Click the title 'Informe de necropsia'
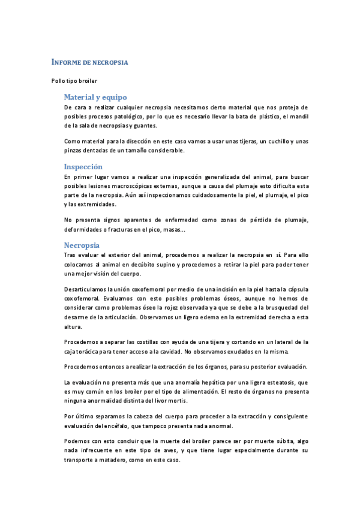click(x=89, y=62)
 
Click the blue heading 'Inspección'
click(x=83, y=166)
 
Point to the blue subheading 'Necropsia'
click(x=82, y=245)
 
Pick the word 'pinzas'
click(x=74, y=151)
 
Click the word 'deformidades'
click(x=84, y=229)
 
